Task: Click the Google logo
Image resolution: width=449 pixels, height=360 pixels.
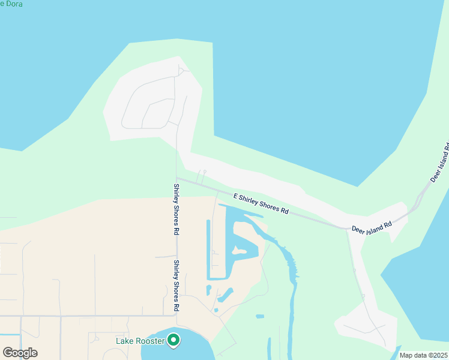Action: click(x=20, y=353)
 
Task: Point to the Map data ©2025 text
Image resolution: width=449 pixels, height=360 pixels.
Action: click(x=423, y=355)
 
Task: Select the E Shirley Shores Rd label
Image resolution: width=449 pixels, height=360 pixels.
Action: click(x=261, y=204)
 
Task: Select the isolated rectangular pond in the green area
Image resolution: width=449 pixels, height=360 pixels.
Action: click(x=259, y=316)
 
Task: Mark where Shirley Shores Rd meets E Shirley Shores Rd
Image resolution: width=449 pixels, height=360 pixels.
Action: click(x=176, y=178)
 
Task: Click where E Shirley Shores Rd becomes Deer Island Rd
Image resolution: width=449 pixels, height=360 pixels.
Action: click(x=346, y=228)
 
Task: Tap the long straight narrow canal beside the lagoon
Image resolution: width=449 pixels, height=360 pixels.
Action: click(x=208, y=249)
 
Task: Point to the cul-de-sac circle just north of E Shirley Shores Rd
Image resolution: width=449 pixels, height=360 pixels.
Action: click(x=205, y=172)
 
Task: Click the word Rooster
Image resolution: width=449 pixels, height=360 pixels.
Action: click(x=151, y=341)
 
